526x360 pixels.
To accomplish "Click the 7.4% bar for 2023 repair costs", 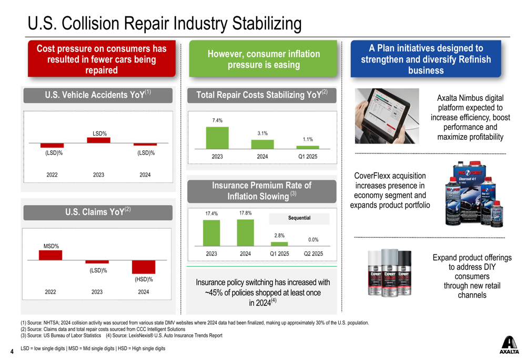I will coord(217,138).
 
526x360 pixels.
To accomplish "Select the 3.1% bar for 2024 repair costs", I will coord(262,144).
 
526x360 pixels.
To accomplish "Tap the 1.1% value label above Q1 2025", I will coord(308,139).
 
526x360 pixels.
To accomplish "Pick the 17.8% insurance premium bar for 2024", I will coord(245,232).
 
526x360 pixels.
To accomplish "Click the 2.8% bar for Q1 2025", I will coord(279,243).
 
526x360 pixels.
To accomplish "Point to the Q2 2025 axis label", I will coord(313,254).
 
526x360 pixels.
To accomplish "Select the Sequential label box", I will coord(299,218).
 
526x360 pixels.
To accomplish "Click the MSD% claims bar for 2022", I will coord(50,255).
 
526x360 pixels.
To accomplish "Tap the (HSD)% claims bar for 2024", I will coord(144,266).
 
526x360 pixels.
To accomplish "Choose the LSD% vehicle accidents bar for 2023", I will coord(98,140).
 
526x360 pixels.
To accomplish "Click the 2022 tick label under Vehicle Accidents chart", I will coord(52,175).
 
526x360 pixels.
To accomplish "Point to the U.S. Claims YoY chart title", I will coord(97,212).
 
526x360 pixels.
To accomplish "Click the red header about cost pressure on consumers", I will coord(102,59).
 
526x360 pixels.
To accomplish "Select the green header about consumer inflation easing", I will coord(264,59).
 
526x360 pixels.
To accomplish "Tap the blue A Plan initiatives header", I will coord(426,59).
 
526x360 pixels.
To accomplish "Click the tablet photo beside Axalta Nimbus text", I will coord(387,116).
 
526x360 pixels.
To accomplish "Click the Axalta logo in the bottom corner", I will coord(509,344).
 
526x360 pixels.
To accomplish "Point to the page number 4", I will coord(12,351).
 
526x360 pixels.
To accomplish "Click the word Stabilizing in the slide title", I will coord(265,23).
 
